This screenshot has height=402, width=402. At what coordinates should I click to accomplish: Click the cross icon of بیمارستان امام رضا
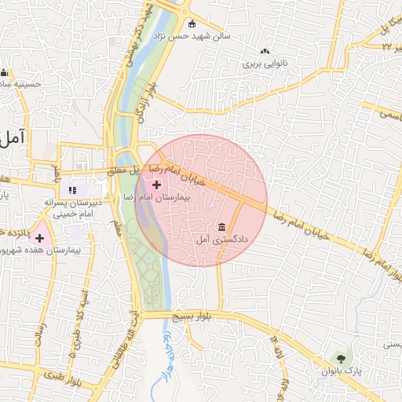tap(157, 185)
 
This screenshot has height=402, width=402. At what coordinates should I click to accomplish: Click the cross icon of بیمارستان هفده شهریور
tap(40, 238)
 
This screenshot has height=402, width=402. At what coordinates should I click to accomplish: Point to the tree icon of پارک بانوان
tap(340, 359)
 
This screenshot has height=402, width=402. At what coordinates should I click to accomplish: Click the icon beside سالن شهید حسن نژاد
tap(193, 24)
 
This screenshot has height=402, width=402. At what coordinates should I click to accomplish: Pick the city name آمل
tap(13, 137)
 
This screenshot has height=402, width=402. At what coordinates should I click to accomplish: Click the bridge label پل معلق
tap(123, 169)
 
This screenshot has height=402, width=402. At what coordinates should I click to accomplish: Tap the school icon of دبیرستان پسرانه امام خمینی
tap(73, 189)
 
